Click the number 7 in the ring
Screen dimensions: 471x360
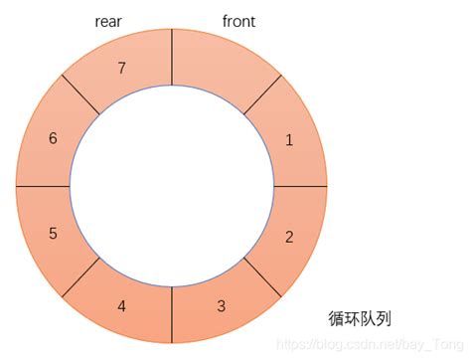pyautogui.click(x=122, y=69)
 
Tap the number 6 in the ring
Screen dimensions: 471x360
pyautogui.click(x=53, y=138)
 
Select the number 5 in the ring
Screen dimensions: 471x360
pyautogui.click(x=53, y=234)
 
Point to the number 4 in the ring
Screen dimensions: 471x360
pyautogui.click(x=121, y=305)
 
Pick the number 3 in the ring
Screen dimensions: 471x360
pyautogui.click(x=221, y=304)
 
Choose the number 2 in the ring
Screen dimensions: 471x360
pyautogui.click(x=289, y=237)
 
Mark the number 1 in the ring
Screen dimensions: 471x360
pyautogui.click(x=289, y=140)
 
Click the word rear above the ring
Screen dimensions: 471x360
pyautogui.click(x=108, y=21)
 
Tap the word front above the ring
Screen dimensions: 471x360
pyautogui.click(x=238, y=21)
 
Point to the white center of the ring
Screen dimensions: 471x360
pyautogui.click(x=172, y=186)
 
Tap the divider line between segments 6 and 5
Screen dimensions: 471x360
pyautogui.click(x=43, y=186)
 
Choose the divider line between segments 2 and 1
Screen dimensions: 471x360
pyautogui.click(x=301, y=186)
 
